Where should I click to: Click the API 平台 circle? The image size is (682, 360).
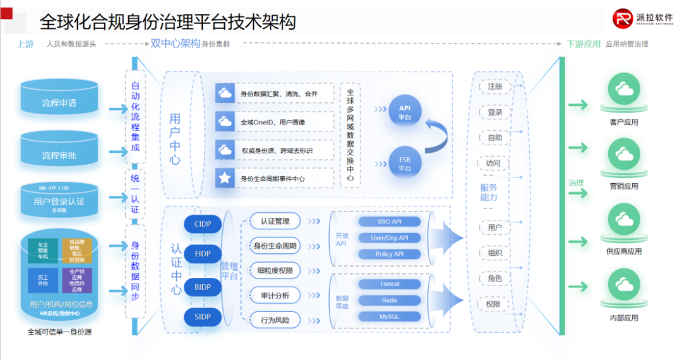pyautogui.click(x=405, y=112)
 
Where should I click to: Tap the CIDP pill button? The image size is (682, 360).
pyautogui.click(x=203, y=224)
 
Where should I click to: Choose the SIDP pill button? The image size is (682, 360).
pyautogui.click(x=203, y=316)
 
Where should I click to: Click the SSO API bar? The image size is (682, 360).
pyautogui.click(x=390, y=222)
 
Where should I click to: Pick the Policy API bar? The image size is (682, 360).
pyautogui.click(x=390, y=254)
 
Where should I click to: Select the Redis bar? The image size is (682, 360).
pyautogui.click(x=390, y=300)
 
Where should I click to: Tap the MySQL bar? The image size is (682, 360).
pyautogui.click(x=390, y=316)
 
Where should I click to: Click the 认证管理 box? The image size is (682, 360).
pyautogui.click(x=275, y=221)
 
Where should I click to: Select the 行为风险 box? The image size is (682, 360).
pyautogui.click(x=275, y=320)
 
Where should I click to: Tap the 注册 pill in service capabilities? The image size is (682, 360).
pyautogui.click(x=494, y=86)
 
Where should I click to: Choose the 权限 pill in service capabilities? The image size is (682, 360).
pyautogui.click(x=493, y=304)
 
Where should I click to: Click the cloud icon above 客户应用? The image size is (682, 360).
pyautogui.click(x=624, y=91)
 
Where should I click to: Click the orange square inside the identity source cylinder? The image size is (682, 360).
pyautogui.click(x=76, y=250)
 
